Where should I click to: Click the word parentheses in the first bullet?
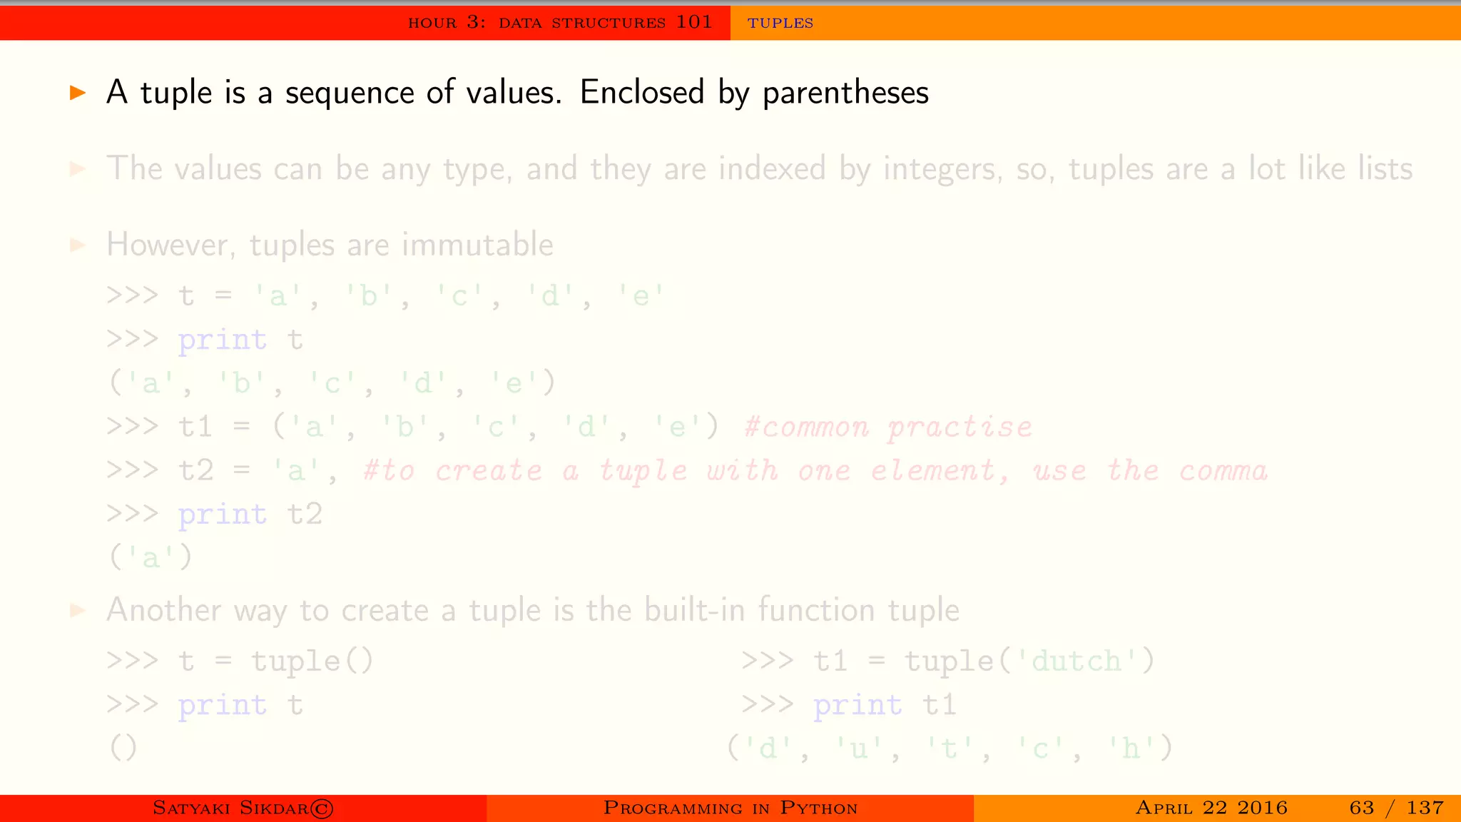click(x=845, y=93)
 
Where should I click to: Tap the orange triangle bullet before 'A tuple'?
click(x=78, y=92)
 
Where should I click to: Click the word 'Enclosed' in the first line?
click(x=642, y=92)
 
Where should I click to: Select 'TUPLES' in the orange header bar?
click(x=780, y=23)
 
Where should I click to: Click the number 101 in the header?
click(x=693, y=22)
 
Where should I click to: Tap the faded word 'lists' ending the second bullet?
click(x=1385, y=169)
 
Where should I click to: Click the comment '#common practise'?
click(x=887, y=427)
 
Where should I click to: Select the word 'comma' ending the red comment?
click(x=1223, y=471)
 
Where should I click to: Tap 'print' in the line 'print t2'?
click(x=223, y=514)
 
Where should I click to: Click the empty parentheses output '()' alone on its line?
click(x=123, y=748)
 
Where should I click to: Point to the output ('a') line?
click(x=151, y=557)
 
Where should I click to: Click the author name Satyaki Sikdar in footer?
click(x=230, y=808)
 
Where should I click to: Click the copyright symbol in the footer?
click(x=322, y=808)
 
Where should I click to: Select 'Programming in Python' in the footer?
click(x=730, y=808)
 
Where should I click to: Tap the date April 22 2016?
click(x=1211, y=808)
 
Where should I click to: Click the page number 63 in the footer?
click(x=1361, y=808)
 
